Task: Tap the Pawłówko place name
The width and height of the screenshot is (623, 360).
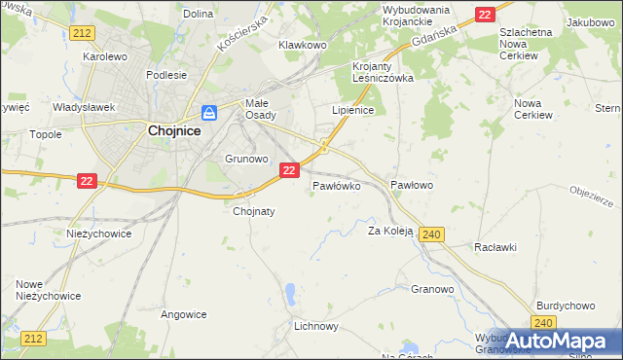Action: pyautogui.click(x=337, y=185)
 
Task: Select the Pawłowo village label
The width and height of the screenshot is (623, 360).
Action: pyautogui.click(x=411, y=185)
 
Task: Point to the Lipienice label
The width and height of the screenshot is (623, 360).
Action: pyautogui.click(x=353, y=111)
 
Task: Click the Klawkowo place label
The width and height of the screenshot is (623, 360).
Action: pyautogui.click(x=301, y=45)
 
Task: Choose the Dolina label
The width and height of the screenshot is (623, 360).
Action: pyautogui.click(x=198, y=14)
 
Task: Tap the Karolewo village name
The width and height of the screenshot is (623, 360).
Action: pyautogui.click(x=105, y=56)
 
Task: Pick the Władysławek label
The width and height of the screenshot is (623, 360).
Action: pyautogui.click(x=85, y=107)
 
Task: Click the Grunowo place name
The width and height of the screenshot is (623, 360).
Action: pyautogui.click(x=245, y=158)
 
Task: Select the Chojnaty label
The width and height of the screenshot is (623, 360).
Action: pyautogui.click(x=255, y=210)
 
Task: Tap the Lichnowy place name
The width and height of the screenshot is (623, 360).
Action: pyautogui.click(x=315, y=326)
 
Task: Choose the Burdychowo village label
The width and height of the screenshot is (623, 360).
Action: pyautogui.click(x=565, y=306)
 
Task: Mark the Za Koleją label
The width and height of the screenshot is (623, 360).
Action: pyautogui.click(x=390, y=232)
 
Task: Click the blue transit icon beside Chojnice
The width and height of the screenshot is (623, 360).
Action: pyautogui.click(x=209, y=113)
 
